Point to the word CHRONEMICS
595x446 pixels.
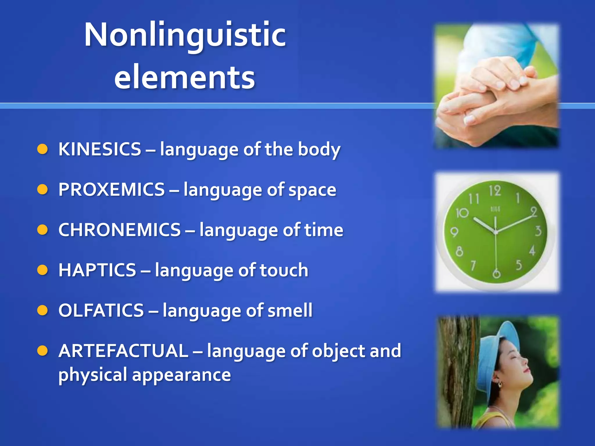click(120, 230)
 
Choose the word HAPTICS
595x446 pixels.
click(97, 270)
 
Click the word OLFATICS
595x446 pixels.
click(101, 310)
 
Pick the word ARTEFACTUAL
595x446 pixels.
click(123, 351)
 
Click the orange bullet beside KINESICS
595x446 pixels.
click(42, 150)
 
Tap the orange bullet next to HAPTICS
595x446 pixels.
click(42, 270)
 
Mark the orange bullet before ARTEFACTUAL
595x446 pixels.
click(42, 351)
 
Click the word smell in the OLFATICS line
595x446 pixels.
click(290, 310)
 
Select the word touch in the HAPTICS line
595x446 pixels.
click(284, 270)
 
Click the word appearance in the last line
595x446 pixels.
click(182, 375)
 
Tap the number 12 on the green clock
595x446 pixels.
click(495, 191)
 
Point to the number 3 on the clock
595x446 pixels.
click(538, 231)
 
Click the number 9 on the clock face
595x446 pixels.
click(454, 232)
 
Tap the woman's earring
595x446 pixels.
click(500, 384)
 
